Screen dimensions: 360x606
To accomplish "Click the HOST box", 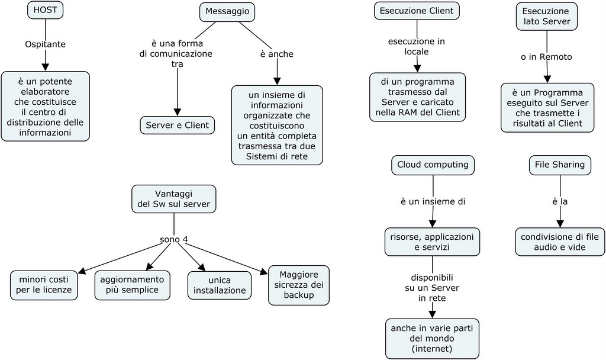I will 46,10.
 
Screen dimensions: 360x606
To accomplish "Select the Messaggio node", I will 227,11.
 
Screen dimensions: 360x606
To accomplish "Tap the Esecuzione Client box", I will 417,11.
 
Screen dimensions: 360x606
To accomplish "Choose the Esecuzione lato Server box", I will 546,16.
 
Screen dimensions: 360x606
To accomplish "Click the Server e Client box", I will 177,125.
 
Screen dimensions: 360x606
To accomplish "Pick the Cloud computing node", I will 433,165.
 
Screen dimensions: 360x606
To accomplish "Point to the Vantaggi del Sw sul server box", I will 173,199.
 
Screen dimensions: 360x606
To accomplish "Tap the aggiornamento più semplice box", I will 132,285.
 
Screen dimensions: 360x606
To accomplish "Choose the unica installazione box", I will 219,285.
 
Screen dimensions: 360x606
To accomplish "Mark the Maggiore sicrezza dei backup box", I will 298,285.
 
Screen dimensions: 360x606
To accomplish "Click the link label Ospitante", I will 46,44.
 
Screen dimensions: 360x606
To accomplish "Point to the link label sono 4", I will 174,240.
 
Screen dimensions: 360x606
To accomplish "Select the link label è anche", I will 276,54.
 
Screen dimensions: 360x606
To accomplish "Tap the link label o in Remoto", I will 546,57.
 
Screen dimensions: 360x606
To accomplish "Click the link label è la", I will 560,202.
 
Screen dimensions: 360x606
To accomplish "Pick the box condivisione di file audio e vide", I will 560,242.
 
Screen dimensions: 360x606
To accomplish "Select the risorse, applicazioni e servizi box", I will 433,242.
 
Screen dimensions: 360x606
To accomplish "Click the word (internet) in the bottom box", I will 432,349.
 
